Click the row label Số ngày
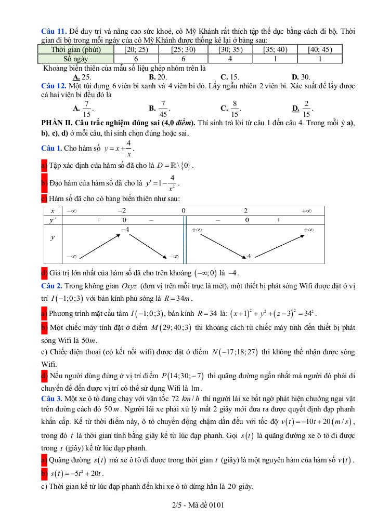click(x=76, y=59)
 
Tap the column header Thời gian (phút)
click(x=76, y=50)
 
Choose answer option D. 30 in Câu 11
click(x=301, y=76)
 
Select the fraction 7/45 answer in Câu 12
click(x=163, y=108)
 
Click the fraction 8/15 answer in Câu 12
click(x=235, y=108)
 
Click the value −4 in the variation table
click(x=125, y=229)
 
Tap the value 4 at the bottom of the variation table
click(x=249, y=256)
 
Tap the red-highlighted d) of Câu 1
click(x=44, y=273)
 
